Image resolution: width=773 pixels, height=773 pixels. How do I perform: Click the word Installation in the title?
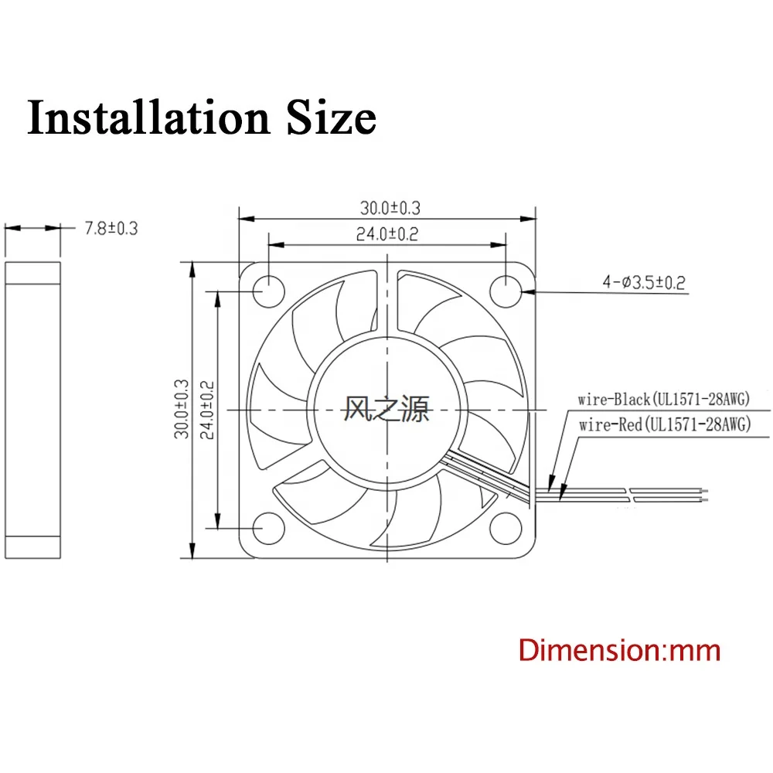coord(147,118)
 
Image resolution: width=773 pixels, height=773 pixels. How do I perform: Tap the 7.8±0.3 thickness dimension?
coord(110,228)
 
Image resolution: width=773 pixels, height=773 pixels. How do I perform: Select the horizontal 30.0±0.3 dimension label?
coord(389,208)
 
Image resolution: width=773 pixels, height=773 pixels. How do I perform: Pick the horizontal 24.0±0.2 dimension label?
coord(386,234)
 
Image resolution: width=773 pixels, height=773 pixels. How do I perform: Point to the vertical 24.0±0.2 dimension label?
coord(206,408)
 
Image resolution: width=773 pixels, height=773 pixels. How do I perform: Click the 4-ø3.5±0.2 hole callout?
coord(644,282)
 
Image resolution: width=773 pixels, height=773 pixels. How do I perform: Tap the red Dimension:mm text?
coord(619,650)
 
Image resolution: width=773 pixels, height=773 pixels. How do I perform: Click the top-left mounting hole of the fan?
coord(267,291)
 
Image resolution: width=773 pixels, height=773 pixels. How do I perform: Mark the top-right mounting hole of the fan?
coord(506,291)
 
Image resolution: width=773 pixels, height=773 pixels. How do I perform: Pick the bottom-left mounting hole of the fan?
coord(267,528)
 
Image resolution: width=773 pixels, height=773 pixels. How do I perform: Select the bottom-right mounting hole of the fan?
coord(506,528)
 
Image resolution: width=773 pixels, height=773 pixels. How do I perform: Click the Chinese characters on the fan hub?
coord(386,409)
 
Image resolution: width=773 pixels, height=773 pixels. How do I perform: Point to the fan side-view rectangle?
coord(32,409)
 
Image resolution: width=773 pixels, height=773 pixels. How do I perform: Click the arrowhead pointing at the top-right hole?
coord(526,292)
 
